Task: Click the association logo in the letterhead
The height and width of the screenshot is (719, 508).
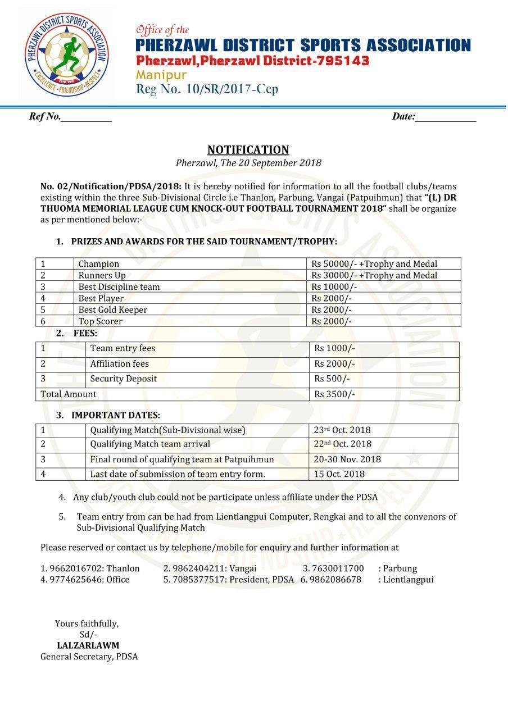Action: pyautogui.click(x=67, y=54)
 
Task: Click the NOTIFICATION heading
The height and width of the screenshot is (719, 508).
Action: pyautogui.click(x=248, y=149)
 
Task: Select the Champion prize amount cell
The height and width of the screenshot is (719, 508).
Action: pyautogui.click(x=374, y=264)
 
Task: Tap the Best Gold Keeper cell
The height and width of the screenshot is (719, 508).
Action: pyautogui.click(x=113, y=310)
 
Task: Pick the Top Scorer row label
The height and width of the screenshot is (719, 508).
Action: pyautogui.click(x=101, y=321)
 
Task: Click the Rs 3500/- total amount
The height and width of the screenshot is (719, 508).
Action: pyautogui.click(x=334, y=394)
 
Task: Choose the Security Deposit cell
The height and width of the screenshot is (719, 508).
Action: pyautogui.click(x=124, y=379)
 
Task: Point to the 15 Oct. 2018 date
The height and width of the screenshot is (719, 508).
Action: pyautogui.click(x=339, y=474)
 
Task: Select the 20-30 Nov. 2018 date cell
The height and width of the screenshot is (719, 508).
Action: pyautogui.click(x=347, y=459)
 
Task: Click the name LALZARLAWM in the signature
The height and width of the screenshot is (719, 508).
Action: pyautogui.click(x=88, y=645)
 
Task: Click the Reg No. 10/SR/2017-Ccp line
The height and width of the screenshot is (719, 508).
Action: pyautogui.click(x=207, y=89)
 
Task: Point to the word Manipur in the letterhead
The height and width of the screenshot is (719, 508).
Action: pyautogui.click(x=161, y=75)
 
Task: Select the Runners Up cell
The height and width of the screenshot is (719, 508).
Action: pyautogui.click(x=102, y=275)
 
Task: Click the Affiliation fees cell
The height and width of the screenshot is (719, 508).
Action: pyautogui.click(x=120, y=364)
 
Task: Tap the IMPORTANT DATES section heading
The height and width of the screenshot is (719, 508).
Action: pyautogui.click(x=116, y=416)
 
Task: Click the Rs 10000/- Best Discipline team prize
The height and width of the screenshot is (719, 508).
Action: pyautogui.click(x=334, y=287)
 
